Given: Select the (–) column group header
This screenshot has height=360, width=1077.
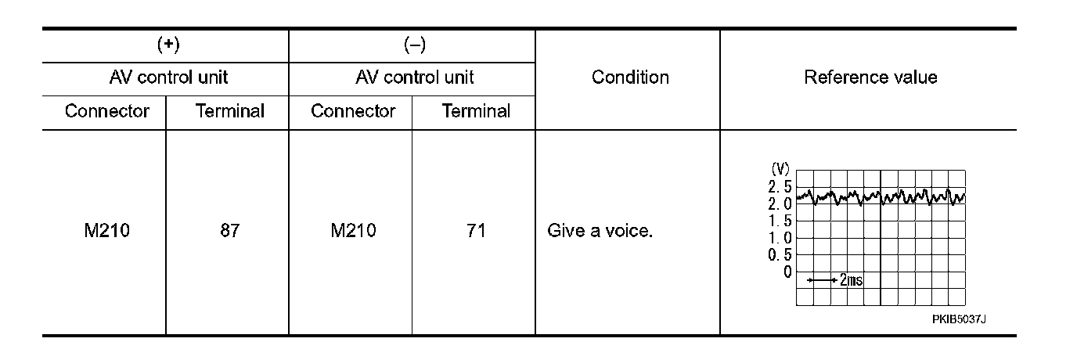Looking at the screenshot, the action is pyautogui.click(x=414, y=45).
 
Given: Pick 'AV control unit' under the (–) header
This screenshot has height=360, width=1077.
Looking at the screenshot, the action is pyautogui.click(x=414, y=78).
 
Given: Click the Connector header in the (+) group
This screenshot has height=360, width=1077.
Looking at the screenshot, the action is pyautogui.click(x=106, y=111).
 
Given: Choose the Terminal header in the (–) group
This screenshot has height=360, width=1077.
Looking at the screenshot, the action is pyautogui.click(x=476, y=111).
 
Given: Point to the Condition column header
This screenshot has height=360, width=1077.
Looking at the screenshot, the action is pyautogui.click(x=630, y=77).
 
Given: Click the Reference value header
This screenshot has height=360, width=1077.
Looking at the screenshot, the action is pyautogui.click(x=870, y=77).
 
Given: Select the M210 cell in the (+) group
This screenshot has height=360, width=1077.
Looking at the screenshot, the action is pyautogui.click(x=106, y=232).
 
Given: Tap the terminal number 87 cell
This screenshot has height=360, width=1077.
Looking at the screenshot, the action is pyautogui.click(x=229, y=232).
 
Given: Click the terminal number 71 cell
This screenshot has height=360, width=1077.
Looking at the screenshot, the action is pyautogui.click(x=476, y=232).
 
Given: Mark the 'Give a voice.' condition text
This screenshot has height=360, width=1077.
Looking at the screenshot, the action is pyautogui.click(x=600, y=232).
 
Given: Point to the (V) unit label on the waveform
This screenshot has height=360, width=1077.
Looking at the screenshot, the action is pyautogui.click(x=780, y=168).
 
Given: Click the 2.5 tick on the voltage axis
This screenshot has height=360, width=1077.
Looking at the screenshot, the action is pyautogui.click(x=780, y=186).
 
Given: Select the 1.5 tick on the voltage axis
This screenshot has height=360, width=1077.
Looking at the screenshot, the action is pyautogui.click(x=780, y=221).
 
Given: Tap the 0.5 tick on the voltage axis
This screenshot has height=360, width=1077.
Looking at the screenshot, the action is pyautogui.click(x=780, y=255).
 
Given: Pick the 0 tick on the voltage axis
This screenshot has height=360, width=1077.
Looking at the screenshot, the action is pyautogui.click(x=787, y=272).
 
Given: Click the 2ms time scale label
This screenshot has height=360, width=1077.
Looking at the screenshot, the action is pyautogui.click(x=851, y=280).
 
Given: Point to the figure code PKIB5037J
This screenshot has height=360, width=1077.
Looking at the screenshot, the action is pyautogui.click(x=958, y=319).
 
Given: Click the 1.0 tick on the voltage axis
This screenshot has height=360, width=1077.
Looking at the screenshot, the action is pyautogui.click(x=780, y=238).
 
